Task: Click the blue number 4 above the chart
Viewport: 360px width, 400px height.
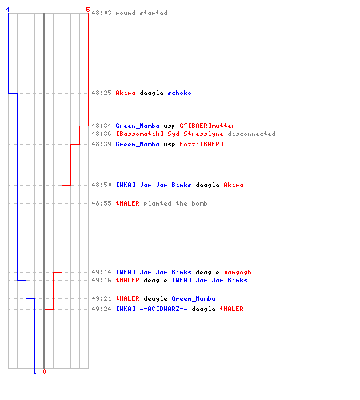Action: click(x=8, y=10)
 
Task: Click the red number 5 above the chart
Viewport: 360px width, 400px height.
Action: click(x=88, y=10)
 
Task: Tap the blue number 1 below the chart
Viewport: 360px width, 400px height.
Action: click(x=34, y=371)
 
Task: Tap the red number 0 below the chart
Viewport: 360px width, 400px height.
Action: click(x=44, y=371)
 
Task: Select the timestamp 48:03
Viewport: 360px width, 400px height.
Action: click(x=102, y=13)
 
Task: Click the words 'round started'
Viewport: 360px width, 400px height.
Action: click(x=142, y=13)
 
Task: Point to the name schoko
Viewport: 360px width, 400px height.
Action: click(x=179, y=93)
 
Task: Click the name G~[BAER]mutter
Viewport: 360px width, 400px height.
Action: click(x=207, y=126)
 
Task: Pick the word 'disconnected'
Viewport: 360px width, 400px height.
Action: click(x=251, y=134)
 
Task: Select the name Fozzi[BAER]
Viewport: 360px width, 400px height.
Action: click(x=202, y=144)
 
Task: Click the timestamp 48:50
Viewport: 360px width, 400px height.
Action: click(x=102, y=185)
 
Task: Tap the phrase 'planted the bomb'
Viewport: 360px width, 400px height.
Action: click(x=175, y=203)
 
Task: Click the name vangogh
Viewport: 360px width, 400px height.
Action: click(x=238, y=272)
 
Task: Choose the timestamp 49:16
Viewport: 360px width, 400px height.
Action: click(x=102, y=280)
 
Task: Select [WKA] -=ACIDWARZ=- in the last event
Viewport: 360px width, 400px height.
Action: click(x=151, y=309)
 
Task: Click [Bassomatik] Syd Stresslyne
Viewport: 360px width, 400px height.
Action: click(x=170, y=134)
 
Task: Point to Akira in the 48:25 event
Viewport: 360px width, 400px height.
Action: click(x=126, y=93)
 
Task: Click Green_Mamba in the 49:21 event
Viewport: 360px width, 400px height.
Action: click(x=194, y=298)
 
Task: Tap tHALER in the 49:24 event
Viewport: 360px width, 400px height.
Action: click(x=231, y=309)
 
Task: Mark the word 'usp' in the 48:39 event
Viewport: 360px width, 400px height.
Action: click(x=170, y=145)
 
